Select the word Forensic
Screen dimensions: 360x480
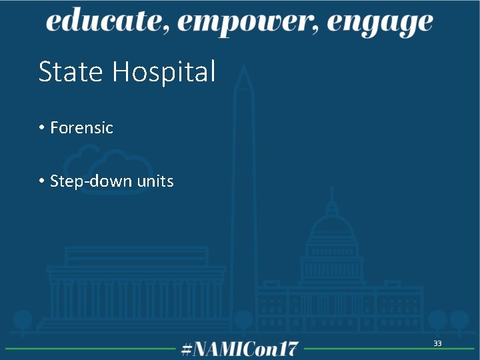pyautogui.click(x=81, y=127)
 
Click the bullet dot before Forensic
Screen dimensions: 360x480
pyautogui.click(x=41, y=127)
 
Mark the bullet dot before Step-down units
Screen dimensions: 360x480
pyautogui.click(x=41, y=181)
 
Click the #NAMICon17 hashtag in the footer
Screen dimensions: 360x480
pyautogui.click(x=240, y=349)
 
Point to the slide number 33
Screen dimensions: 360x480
pyautogui.click(x=437, y=343)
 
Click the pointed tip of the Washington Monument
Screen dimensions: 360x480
pyautogui.click(x=243, y=66)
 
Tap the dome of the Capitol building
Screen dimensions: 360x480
pyautogui.click(x=331, y=230)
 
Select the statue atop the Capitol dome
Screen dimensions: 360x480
pyautogui.click(x=331, y=193)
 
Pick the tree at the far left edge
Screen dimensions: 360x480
pyautogui.click(x=23, y=320)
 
